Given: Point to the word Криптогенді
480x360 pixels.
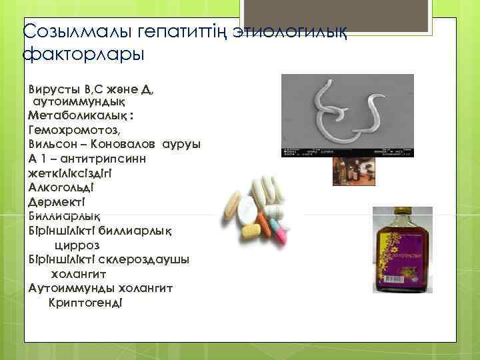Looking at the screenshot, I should tap(85, 303).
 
